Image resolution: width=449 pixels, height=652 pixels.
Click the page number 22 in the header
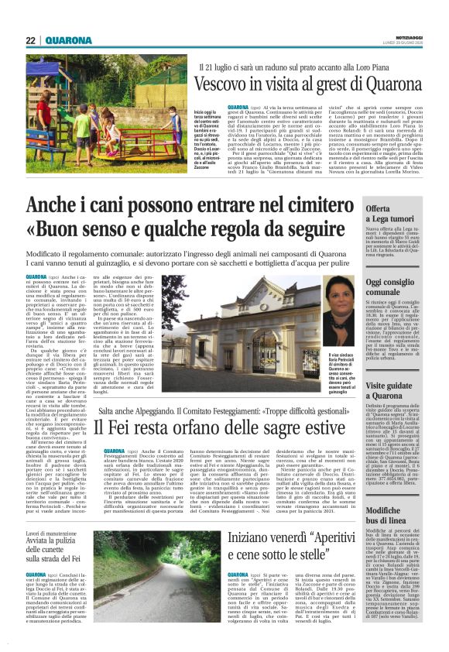[31, 40]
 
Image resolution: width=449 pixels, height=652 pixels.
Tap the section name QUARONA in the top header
[70, 40]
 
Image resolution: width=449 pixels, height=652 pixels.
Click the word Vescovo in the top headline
[224, 87]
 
